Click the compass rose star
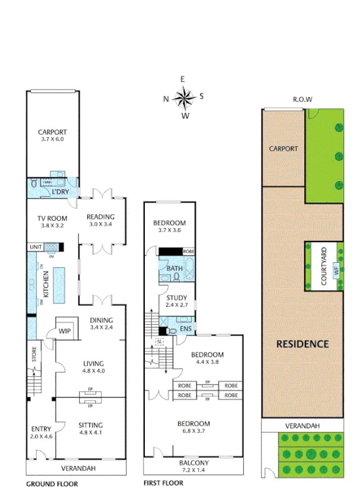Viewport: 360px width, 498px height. [x=184, y=97]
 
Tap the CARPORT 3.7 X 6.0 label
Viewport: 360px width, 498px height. [x=52, y=135]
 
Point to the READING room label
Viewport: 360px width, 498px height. [x=100, y=221]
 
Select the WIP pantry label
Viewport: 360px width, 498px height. [x=65, y=330]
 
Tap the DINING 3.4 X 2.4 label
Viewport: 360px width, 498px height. [x=102, y=322]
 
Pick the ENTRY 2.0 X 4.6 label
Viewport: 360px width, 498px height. [x=41, y=433]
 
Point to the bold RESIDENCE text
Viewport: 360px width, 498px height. [x=304, y=344]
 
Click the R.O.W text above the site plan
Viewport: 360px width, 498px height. [x=302, y=100]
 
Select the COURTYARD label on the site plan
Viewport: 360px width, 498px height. [x=324, y=266]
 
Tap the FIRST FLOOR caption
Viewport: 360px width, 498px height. [x=163, y=483]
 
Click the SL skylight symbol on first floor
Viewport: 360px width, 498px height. [x=159, y=341]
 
